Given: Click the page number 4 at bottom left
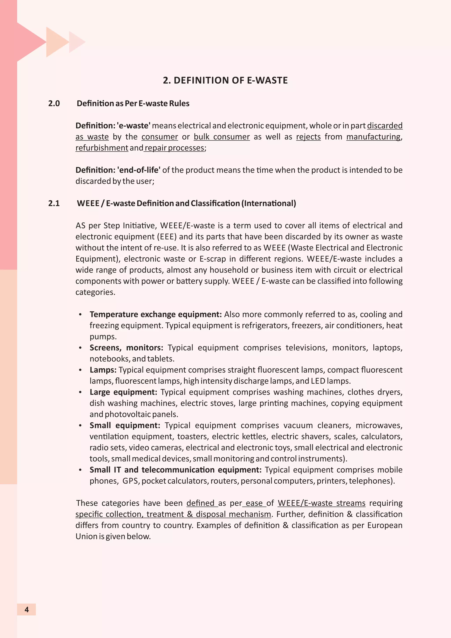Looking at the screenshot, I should pos(27,609).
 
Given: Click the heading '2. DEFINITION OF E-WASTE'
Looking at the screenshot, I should pos(225,80).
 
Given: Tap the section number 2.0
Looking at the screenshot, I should pos(54,103).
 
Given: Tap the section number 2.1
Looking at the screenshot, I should pos(54,203).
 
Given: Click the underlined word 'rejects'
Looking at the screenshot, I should pos(308,137).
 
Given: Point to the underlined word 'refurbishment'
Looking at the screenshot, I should pos(102,148).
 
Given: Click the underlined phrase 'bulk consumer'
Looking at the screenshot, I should pos(222,137).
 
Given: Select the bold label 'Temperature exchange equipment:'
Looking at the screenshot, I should pos(155,314).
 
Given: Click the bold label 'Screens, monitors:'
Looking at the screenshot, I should pos(126,348).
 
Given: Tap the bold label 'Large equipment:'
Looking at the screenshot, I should pos(123,392).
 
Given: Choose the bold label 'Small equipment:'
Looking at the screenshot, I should pos(125,425).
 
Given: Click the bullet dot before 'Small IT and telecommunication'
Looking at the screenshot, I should pos(80,470).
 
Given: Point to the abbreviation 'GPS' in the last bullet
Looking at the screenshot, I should pos(130,481).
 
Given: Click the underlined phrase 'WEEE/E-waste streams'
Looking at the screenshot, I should pos(321,503).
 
